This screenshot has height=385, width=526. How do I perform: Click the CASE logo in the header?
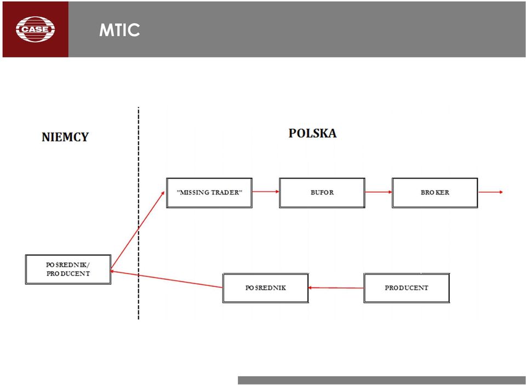35,29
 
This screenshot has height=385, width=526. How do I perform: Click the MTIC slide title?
119,30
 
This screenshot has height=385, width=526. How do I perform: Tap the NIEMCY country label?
65,137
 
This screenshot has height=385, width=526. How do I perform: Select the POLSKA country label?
312,133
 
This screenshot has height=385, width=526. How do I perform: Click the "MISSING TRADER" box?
209,193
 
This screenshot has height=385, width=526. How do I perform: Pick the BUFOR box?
322,193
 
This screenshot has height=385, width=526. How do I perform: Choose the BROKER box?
434,193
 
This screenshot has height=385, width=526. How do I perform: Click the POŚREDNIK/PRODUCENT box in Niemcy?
68,269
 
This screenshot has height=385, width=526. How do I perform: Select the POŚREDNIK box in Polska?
265,288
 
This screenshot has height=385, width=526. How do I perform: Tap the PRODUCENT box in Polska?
407,288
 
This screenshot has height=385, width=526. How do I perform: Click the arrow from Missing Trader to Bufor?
266,192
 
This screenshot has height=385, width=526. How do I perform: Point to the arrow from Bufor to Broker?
379,192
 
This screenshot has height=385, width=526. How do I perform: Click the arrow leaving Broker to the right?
490,192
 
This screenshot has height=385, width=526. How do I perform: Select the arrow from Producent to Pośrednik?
336,288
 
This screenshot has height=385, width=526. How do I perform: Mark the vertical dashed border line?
139,213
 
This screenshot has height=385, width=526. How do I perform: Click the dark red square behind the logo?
36,29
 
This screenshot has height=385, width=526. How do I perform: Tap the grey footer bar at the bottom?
382,380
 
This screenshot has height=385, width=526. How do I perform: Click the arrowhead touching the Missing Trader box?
163,193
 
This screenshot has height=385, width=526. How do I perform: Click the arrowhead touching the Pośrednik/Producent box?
113,271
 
